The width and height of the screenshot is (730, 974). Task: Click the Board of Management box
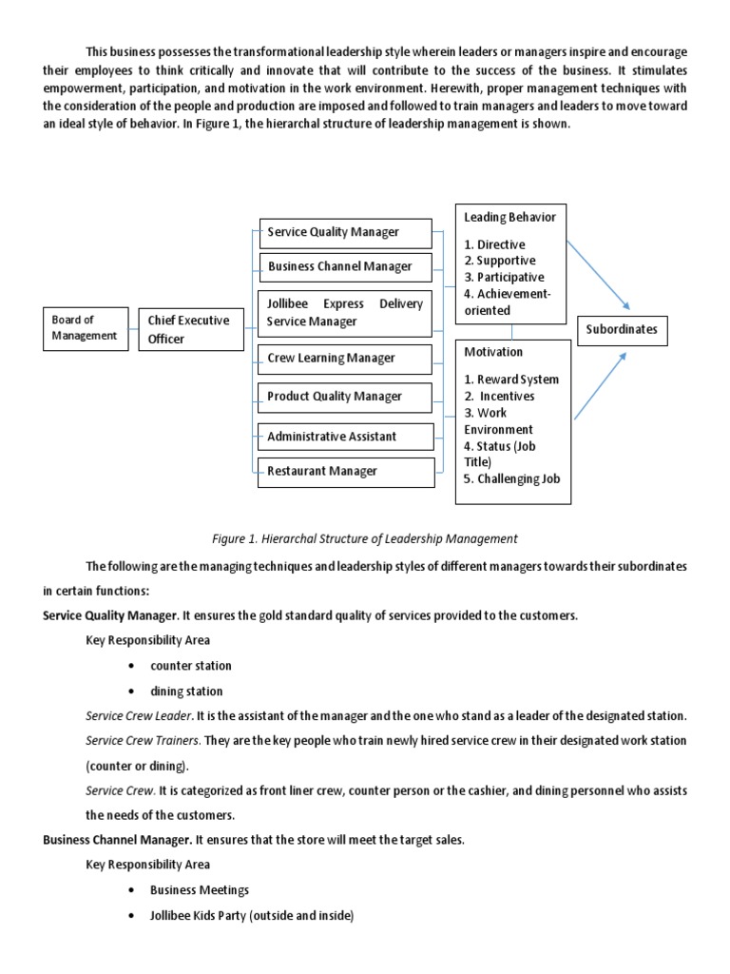[86, 328]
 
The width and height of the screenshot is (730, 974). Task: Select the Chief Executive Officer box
[190, 329]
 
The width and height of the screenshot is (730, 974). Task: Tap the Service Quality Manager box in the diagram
[346, 232]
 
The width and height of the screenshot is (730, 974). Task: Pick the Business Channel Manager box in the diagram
[346, 266]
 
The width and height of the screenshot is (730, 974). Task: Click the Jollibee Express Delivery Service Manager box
[346, 313]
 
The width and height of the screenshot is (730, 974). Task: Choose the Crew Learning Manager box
[346, 359]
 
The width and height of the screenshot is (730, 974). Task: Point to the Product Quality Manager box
[346, 397]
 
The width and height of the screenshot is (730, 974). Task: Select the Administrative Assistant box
[346, 437]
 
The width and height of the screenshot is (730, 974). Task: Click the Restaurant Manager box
[346, 471]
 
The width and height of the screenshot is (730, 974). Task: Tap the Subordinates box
[622, 331]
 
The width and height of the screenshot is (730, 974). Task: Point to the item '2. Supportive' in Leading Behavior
[500, 261]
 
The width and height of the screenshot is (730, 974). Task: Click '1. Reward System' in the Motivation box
[511, 380]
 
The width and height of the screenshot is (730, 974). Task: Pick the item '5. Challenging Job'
[512, 478]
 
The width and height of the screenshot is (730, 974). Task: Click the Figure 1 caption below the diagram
[365, 538]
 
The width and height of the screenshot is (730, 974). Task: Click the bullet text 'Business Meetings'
[200, 890]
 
